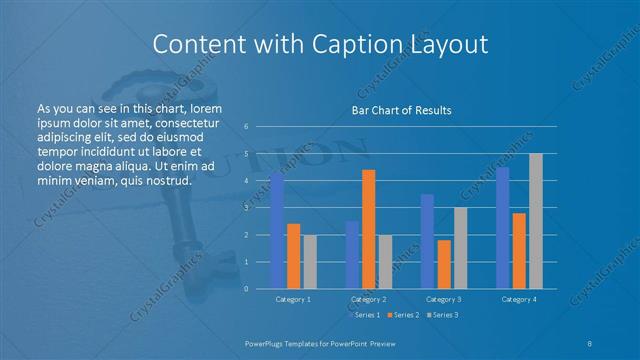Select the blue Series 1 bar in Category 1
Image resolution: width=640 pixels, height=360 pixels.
point(277,231)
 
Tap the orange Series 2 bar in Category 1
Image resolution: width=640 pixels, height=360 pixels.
point(293,256)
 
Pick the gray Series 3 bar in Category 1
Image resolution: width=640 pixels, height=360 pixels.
point(309,262)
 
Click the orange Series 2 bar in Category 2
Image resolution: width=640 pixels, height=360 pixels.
point(369,229)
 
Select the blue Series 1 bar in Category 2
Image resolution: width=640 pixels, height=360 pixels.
point(353,255)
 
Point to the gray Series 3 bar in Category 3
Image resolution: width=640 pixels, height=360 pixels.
point(460,248)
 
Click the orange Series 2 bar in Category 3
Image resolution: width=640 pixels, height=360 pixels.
point(444,264)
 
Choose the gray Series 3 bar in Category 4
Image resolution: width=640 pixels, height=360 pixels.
point(536,221)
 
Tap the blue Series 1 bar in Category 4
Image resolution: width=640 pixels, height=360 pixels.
point(503,228)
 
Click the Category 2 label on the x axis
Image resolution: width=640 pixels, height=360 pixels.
point(369,299)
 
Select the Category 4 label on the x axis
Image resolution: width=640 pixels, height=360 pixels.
point(519,299)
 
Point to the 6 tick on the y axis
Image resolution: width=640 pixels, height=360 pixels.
point(246,127)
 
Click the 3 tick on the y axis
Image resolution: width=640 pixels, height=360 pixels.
point(246,208)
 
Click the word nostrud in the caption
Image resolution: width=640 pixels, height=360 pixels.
point(167,181)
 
